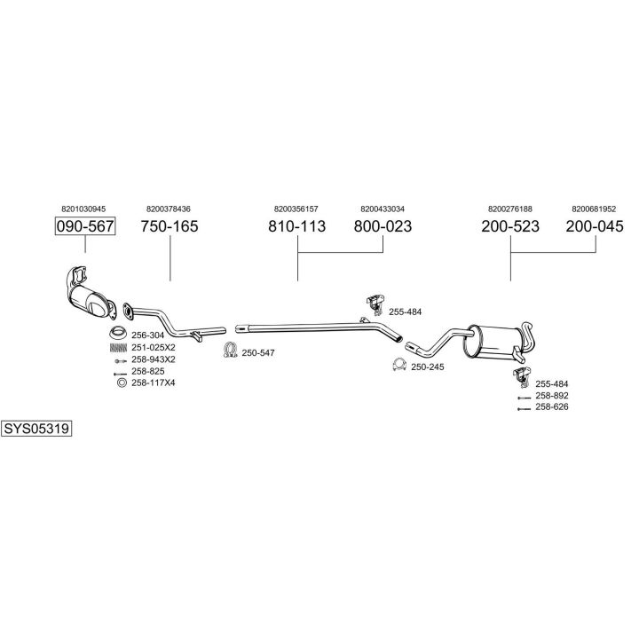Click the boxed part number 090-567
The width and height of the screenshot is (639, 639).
click(85, 226)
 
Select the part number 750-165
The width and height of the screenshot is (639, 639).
click(170, 226)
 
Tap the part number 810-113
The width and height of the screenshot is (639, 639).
click(296, 226)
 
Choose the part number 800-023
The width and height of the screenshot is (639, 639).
click(383, 226)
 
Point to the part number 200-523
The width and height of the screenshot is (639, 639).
click(510, 226)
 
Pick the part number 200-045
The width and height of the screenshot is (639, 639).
click(596, 226)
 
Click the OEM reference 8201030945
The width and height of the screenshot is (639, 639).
click(84, 209)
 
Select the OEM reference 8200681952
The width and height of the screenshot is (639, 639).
click(594, 209)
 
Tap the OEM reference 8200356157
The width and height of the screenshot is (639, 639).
click(296, 209)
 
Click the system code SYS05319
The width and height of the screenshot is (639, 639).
click(36, 428)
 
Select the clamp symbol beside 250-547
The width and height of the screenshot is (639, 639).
click(229, 351)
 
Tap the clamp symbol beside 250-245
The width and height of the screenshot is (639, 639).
click(398, 365)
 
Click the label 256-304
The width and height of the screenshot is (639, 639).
click(148, 335)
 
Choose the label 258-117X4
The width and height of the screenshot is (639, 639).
click(154, 383)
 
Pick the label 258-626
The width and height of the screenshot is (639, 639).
click(551, 406)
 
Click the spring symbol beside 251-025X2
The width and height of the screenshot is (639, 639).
click(116, 347)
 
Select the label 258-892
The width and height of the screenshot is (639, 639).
click(551, 395)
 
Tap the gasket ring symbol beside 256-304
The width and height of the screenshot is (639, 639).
click(116, 334)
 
